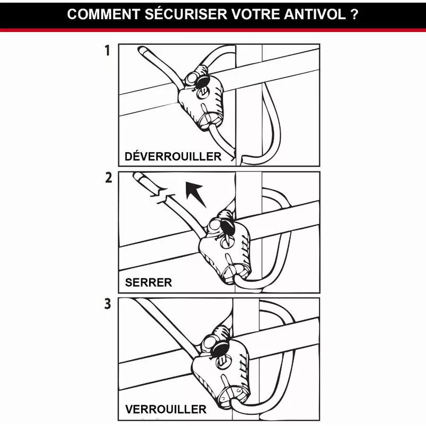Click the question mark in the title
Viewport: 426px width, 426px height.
click(x=355, y=14)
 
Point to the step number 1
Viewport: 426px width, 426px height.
click(x=108, y=51)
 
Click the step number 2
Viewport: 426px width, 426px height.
click(x=108, y=178)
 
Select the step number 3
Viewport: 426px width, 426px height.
click(x=108, y=305)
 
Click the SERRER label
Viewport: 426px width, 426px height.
click(x=149, y=283)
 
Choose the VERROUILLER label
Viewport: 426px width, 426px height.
click(x=165, y=409)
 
